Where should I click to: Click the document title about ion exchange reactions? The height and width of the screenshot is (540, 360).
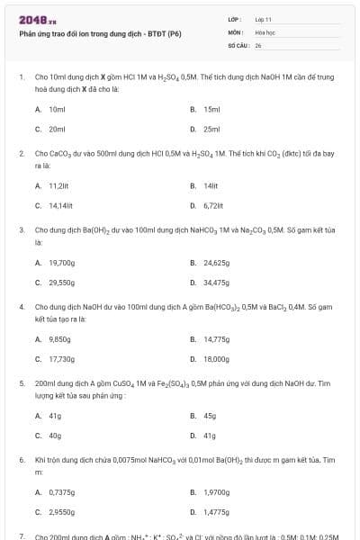[x=101, y=34]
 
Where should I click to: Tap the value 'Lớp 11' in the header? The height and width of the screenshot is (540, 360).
[x=264, y=19]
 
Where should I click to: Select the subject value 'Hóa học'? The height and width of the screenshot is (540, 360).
[x=265, y=31]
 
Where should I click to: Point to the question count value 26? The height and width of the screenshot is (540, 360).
[x=258, y=43]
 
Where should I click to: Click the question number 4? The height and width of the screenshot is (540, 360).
[x=22, y=307]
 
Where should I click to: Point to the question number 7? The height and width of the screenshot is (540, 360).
[x=22, y=535]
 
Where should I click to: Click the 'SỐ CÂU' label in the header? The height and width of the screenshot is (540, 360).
[x=238, y=43]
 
